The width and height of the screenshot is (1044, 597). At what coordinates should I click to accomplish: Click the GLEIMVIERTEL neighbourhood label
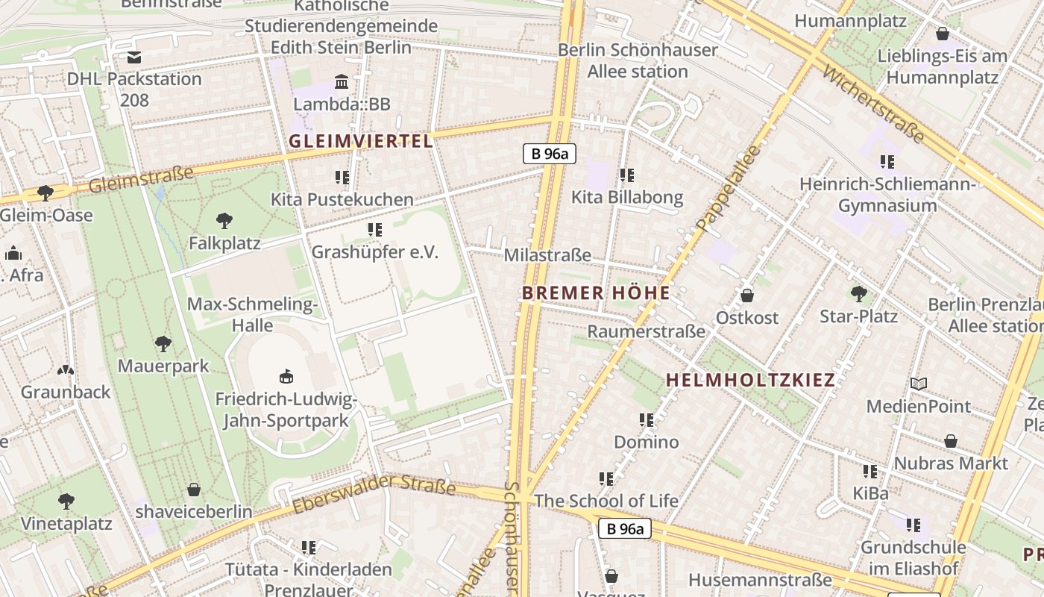360,141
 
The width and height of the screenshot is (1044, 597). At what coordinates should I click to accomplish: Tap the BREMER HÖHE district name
596,293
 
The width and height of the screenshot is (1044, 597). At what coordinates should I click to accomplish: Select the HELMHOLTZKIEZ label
750,380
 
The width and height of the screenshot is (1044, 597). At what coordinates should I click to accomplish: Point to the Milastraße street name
547,255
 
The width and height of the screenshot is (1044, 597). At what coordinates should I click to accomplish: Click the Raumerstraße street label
646,331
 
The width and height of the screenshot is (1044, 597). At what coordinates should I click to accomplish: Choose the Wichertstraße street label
873,104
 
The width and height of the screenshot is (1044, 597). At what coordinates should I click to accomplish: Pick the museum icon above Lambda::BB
342,81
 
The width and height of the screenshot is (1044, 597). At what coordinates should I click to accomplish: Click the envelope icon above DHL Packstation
134,57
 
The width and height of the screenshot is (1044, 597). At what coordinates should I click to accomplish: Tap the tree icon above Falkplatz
224,221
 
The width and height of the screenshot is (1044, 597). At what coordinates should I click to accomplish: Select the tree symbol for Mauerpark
163,344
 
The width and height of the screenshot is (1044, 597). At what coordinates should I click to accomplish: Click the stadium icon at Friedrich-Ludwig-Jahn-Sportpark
286,376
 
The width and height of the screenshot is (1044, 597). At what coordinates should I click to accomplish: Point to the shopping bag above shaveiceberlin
194,490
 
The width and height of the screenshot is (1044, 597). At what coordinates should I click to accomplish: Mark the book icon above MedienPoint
919,384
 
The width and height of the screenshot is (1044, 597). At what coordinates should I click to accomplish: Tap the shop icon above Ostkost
747,296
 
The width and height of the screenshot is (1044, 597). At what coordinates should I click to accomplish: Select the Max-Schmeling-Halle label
252,315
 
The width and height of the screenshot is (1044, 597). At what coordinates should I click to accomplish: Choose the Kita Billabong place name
627,197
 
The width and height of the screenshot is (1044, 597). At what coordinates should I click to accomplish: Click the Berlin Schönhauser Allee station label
638,60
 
